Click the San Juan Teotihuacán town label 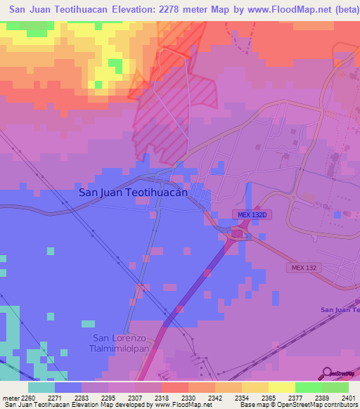click(x=133, y=192)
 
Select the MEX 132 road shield click(x=302, y=267)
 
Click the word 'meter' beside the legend click(x=9, y=397)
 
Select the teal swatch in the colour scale click(x=41, y=387)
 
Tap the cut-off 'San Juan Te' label click(x=340, y=310)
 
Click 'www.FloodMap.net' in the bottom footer click(x=180, y=405)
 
